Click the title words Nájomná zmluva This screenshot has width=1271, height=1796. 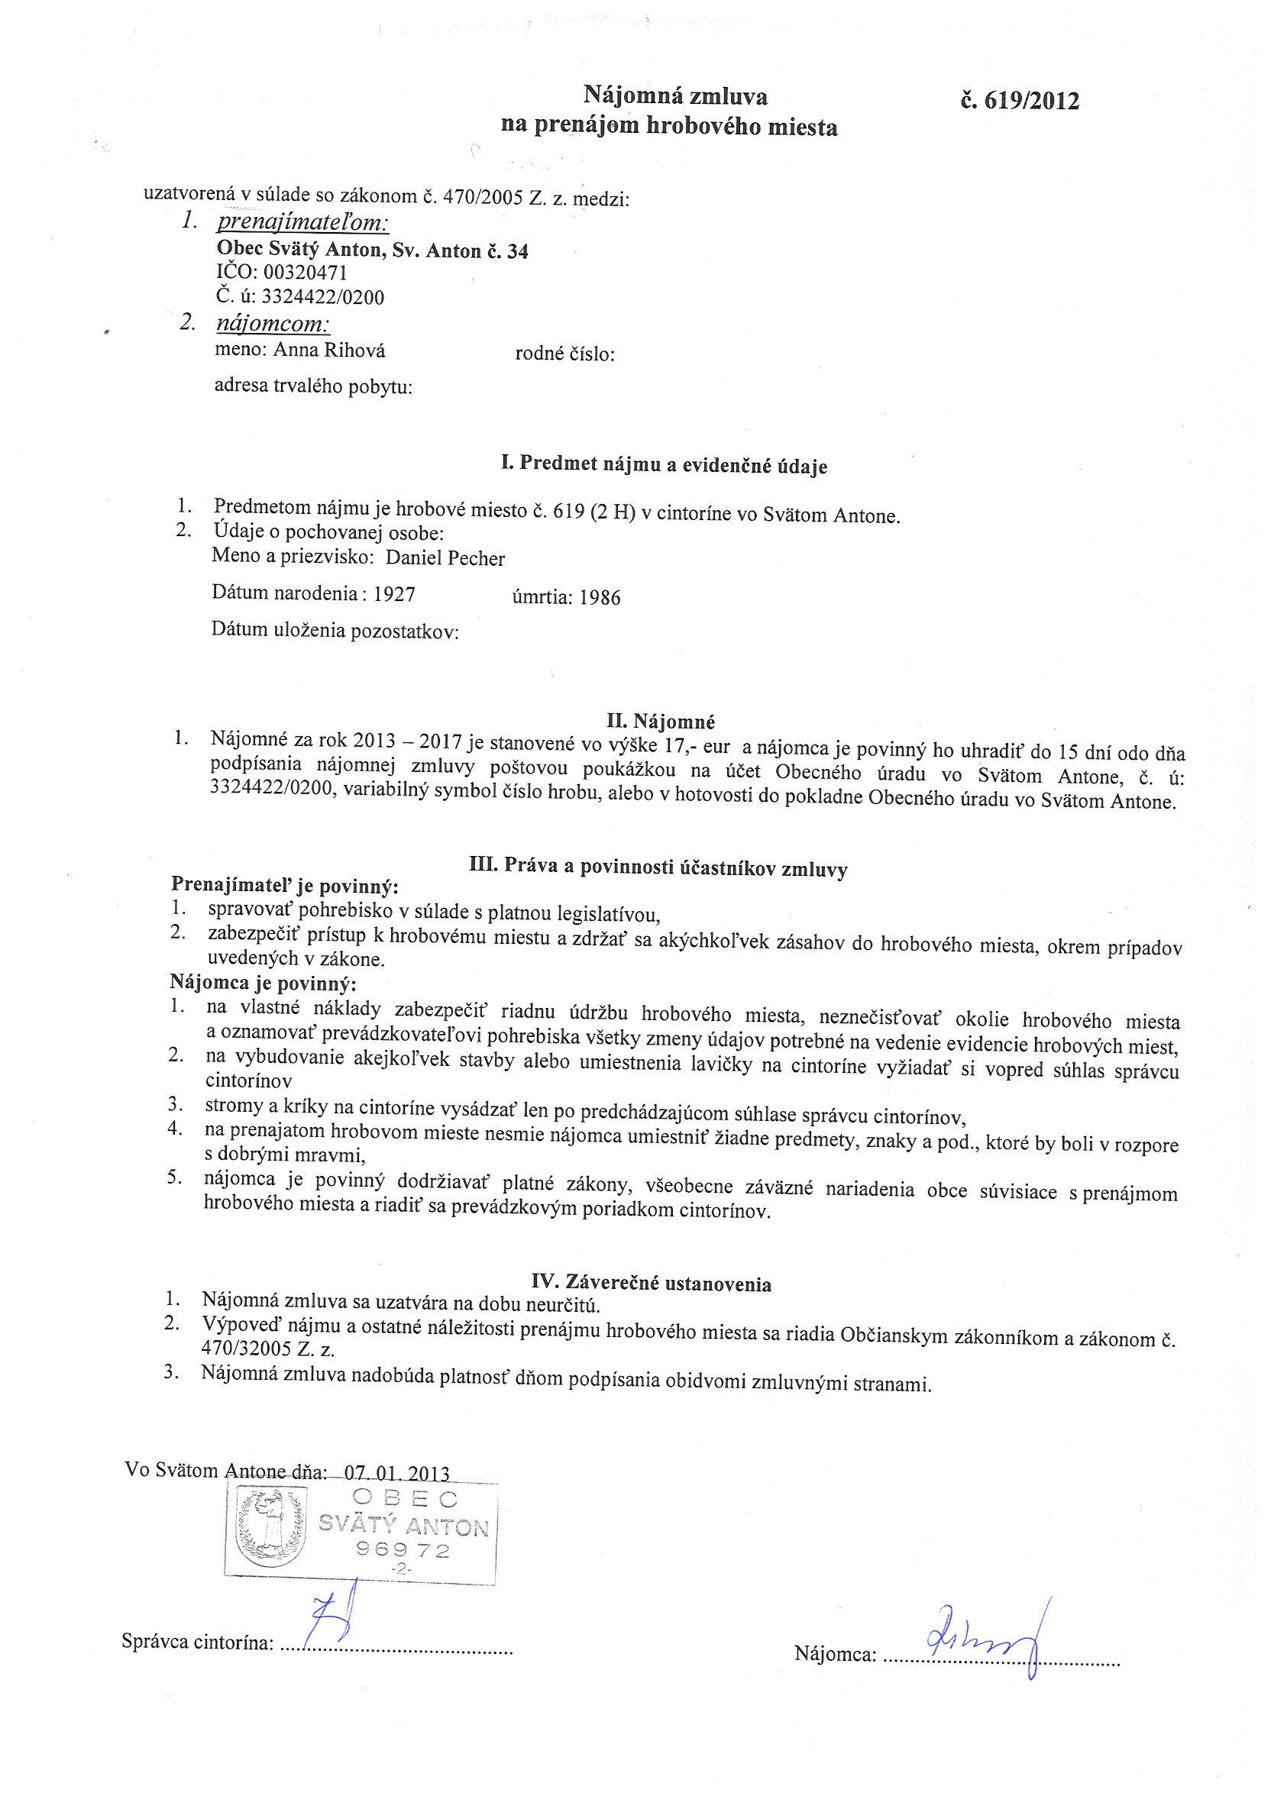tap(675, 96)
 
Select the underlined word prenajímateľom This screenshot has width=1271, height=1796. tap(303, 223)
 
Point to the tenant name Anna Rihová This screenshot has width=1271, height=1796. tap(328, 351)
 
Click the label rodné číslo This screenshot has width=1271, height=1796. tap(564, 355)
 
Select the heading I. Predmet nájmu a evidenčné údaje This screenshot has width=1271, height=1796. tap(664, 467)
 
